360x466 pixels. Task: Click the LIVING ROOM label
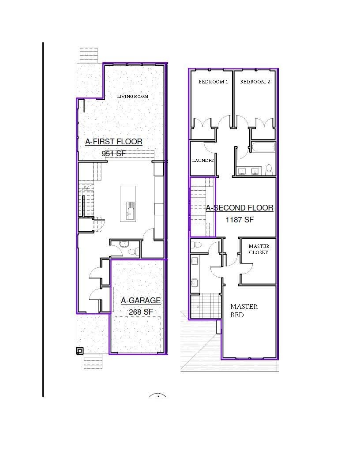point(132,96)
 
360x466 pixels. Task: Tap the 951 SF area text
point(113,154)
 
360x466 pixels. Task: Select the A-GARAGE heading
point(141,301)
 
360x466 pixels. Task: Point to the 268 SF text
point(141,312)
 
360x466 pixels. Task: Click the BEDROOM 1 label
point(213,82)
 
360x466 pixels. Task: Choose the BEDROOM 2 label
point(255,82)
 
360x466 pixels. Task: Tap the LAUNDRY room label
point(203,161)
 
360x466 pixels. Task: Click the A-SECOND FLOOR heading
point(240,208)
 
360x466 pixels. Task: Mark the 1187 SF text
point(240,220)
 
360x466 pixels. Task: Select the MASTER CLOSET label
point(259,249)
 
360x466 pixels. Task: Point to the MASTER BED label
point(244,311)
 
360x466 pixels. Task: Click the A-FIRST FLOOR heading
point(114,142)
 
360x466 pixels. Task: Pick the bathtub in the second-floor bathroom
point(263,147)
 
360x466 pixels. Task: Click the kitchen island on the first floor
point(128,203)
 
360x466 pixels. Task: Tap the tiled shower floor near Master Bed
point(205,306)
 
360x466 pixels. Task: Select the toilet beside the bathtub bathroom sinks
point(269,169)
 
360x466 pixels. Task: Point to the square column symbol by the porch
point(79,351)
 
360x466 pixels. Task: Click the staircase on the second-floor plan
point(202,207)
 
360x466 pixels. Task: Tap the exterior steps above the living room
point(89,55)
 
